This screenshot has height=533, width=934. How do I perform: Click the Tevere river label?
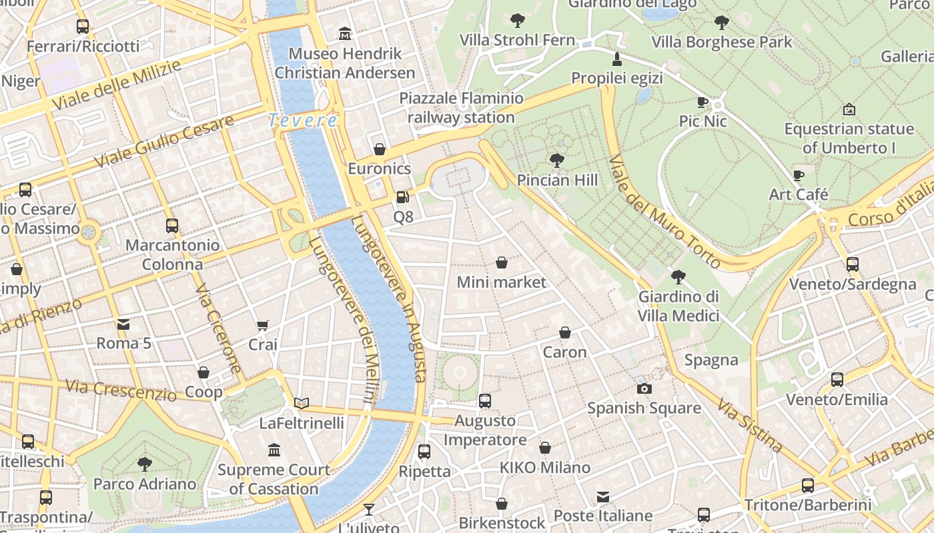coord(303,121)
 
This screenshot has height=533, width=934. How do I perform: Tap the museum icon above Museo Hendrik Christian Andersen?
coord(345,33)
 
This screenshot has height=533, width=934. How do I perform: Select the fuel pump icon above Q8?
coord(402,197)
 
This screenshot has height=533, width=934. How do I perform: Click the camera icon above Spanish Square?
coord(644,388)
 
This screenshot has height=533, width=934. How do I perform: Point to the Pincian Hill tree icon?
coord(556,160)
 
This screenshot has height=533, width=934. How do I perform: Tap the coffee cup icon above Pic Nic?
coord(703,102)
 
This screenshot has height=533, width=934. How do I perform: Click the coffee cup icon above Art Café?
coord(798,175)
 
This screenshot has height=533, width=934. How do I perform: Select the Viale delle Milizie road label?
coord(116,85)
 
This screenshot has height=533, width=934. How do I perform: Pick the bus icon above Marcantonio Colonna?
coord(172,225)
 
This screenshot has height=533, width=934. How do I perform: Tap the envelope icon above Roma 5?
coord(123,324)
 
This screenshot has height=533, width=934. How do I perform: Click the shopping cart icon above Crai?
coord(262,325)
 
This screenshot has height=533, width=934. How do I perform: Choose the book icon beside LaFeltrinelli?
coord(302,402)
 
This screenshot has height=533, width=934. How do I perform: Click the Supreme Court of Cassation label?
coord(274,479)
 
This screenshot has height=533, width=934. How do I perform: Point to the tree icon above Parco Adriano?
coord(144,464)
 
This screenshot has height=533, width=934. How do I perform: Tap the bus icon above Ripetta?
coord(424,451)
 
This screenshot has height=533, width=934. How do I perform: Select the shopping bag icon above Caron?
coord(564,332)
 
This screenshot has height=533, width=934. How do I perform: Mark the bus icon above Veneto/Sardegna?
coord(852,264)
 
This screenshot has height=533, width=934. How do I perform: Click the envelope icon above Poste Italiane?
coord(603,496)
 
